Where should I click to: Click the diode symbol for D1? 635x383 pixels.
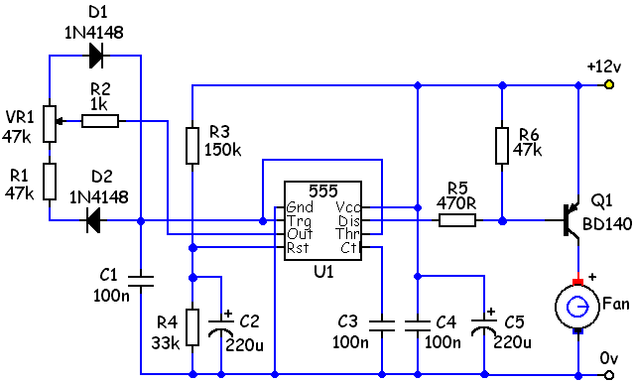pyautogui.click(x=96, y=56)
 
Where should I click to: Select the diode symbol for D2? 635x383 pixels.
pyautogui.click(x=93, y=220)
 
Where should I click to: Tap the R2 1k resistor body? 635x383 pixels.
pyautogui.click(x=100, y=121)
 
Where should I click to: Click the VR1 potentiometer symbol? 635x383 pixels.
pyautogui.click(x=51, y=124)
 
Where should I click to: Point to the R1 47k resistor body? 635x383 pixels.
pyautogui.click(x=50, y=182)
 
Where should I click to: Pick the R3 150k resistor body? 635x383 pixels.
pyautogui.click(x=192, y=145)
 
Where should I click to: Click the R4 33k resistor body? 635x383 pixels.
pyautogui.click(x=192, y=327)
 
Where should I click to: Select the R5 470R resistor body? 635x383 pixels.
pyautogui.click(x=457, y=220)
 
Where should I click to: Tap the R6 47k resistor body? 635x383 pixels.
pyautogui.click(x=502, y=145)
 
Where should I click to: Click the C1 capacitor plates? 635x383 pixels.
pyautogui.click(x=141, y=281)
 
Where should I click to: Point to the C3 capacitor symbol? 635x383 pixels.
pyautogui.click(x=381, y=325)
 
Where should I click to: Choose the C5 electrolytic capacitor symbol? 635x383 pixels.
pyautogui.click(x=484, y=325)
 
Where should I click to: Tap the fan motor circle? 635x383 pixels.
pyautogui.click(x=577, y=307)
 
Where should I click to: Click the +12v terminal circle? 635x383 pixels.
pyautogui.click(x=608, y=84)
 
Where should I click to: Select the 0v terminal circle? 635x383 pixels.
pyautogui.click(x=608, y=375)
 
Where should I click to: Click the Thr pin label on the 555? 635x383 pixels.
pyautogui.click(x=347, y=234)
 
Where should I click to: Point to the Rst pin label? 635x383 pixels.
pyautogui.click(x=298, y=247)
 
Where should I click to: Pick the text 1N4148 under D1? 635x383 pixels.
pyautogui.click(x=94, y=33)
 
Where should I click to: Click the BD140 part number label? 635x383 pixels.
pyautogui.click(x=607, y=223)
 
